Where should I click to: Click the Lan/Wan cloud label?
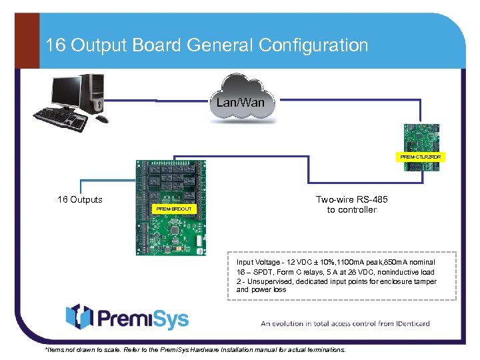[240, 102]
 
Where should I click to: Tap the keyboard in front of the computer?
[61, 121]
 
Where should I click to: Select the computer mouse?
[102, 119]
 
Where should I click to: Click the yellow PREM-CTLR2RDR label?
[421, 157]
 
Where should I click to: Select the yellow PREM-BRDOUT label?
[173, 209]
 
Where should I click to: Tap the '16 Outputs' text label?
[80, 199]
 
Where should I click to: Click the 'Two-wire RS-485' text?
[351, 199]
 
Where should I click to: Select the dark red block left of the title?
[27, 40]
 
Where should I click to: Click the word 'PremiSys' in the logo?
[143, 318]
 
